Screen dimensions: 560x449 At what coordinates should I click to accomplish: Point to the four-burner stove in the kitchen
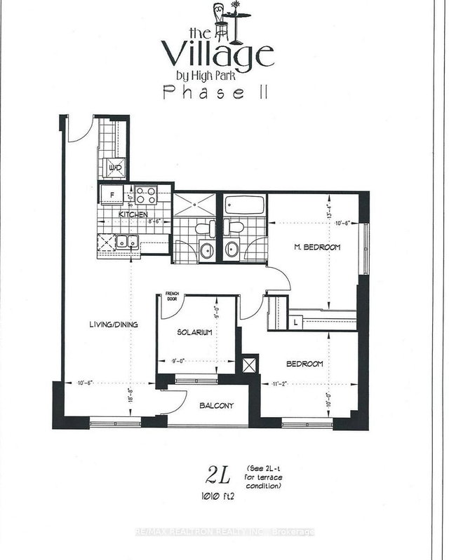click(x=145, y=194)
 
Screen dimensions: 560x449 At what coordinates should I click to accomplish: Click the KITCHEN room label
click(x=131, y=214)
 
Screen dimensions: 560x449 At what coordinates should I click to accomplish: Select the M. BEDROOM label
click(x=316, y=247)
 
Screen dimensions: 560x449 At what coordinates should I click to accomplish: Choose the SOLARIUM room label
click(x=194, y=333)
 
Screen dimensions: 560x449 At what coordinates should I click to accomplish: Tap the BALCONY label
click(x=216, y=406)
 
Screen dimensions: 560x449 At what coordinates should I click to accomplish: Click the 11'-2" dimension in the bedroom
click(x=281, y=384)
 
